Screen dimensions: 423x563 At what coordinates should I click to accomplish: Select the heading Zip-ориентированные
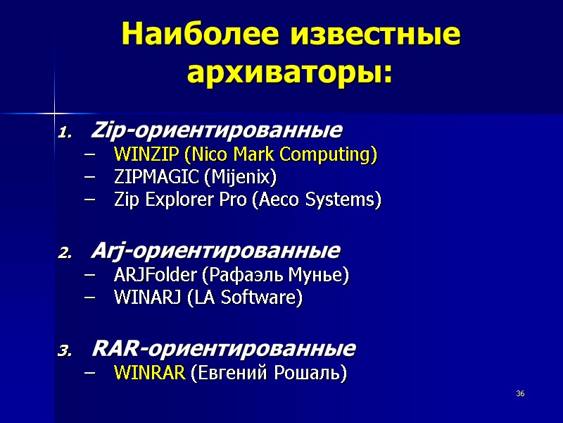click(x=217, y=130)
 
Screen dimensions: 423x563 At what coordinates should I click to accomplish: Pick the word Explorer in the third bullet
click(x=177, y=200)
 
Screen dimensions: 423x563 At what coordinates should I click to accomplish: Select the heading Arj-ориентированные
click(x=215, y=251)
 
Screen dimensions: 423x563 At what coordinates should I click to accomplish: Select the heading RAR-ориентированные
click(x=224, y=349)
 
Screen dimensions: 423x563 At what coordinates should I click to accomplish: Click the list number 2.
click(x=63, y=252)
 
